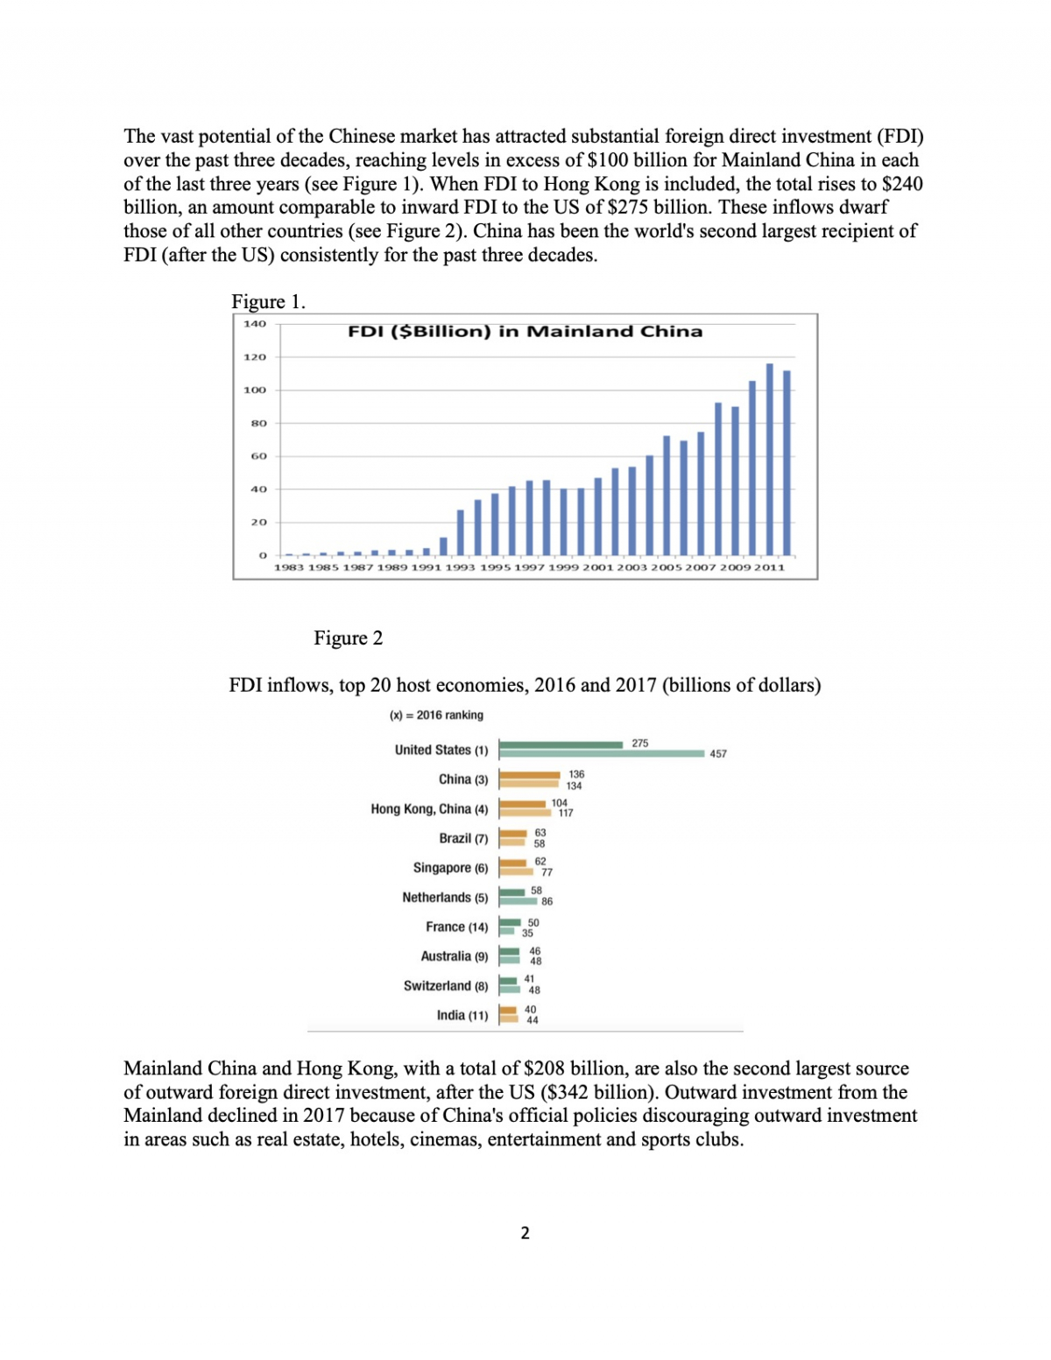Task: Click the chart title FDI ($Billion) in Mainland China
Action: pos(525,331)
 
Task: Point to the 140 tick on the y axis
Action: pos(254,324)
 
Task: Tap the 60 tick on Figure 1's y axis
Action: pos(258,456)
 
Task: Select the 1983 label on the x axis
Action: pos(289,567)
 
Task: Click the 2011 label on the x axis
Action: pos(770,567)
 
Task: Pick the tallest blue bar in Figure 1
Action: pos(770,459)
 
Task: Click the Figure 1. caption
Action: pos(268,301)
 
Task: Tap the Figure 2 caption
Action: pos(348,638)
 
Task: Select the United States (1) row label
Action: pos(441,750)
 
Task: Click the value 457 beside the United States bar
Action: pos(718,753)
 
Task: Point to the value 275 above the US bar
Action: pos(640,743)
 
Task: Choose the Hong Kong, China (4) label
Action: pos(429,808)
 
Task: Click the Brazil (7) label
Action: pos(463,838)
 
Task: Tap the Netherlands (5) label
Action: pos(445,897)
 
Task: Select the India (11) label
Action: pos(462,1015)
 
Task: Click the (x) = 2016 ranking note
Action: pos(436,715)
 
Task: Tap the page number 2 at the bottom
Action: pos(525,1233)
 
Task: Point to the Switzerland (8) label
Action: pos(446,985)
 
